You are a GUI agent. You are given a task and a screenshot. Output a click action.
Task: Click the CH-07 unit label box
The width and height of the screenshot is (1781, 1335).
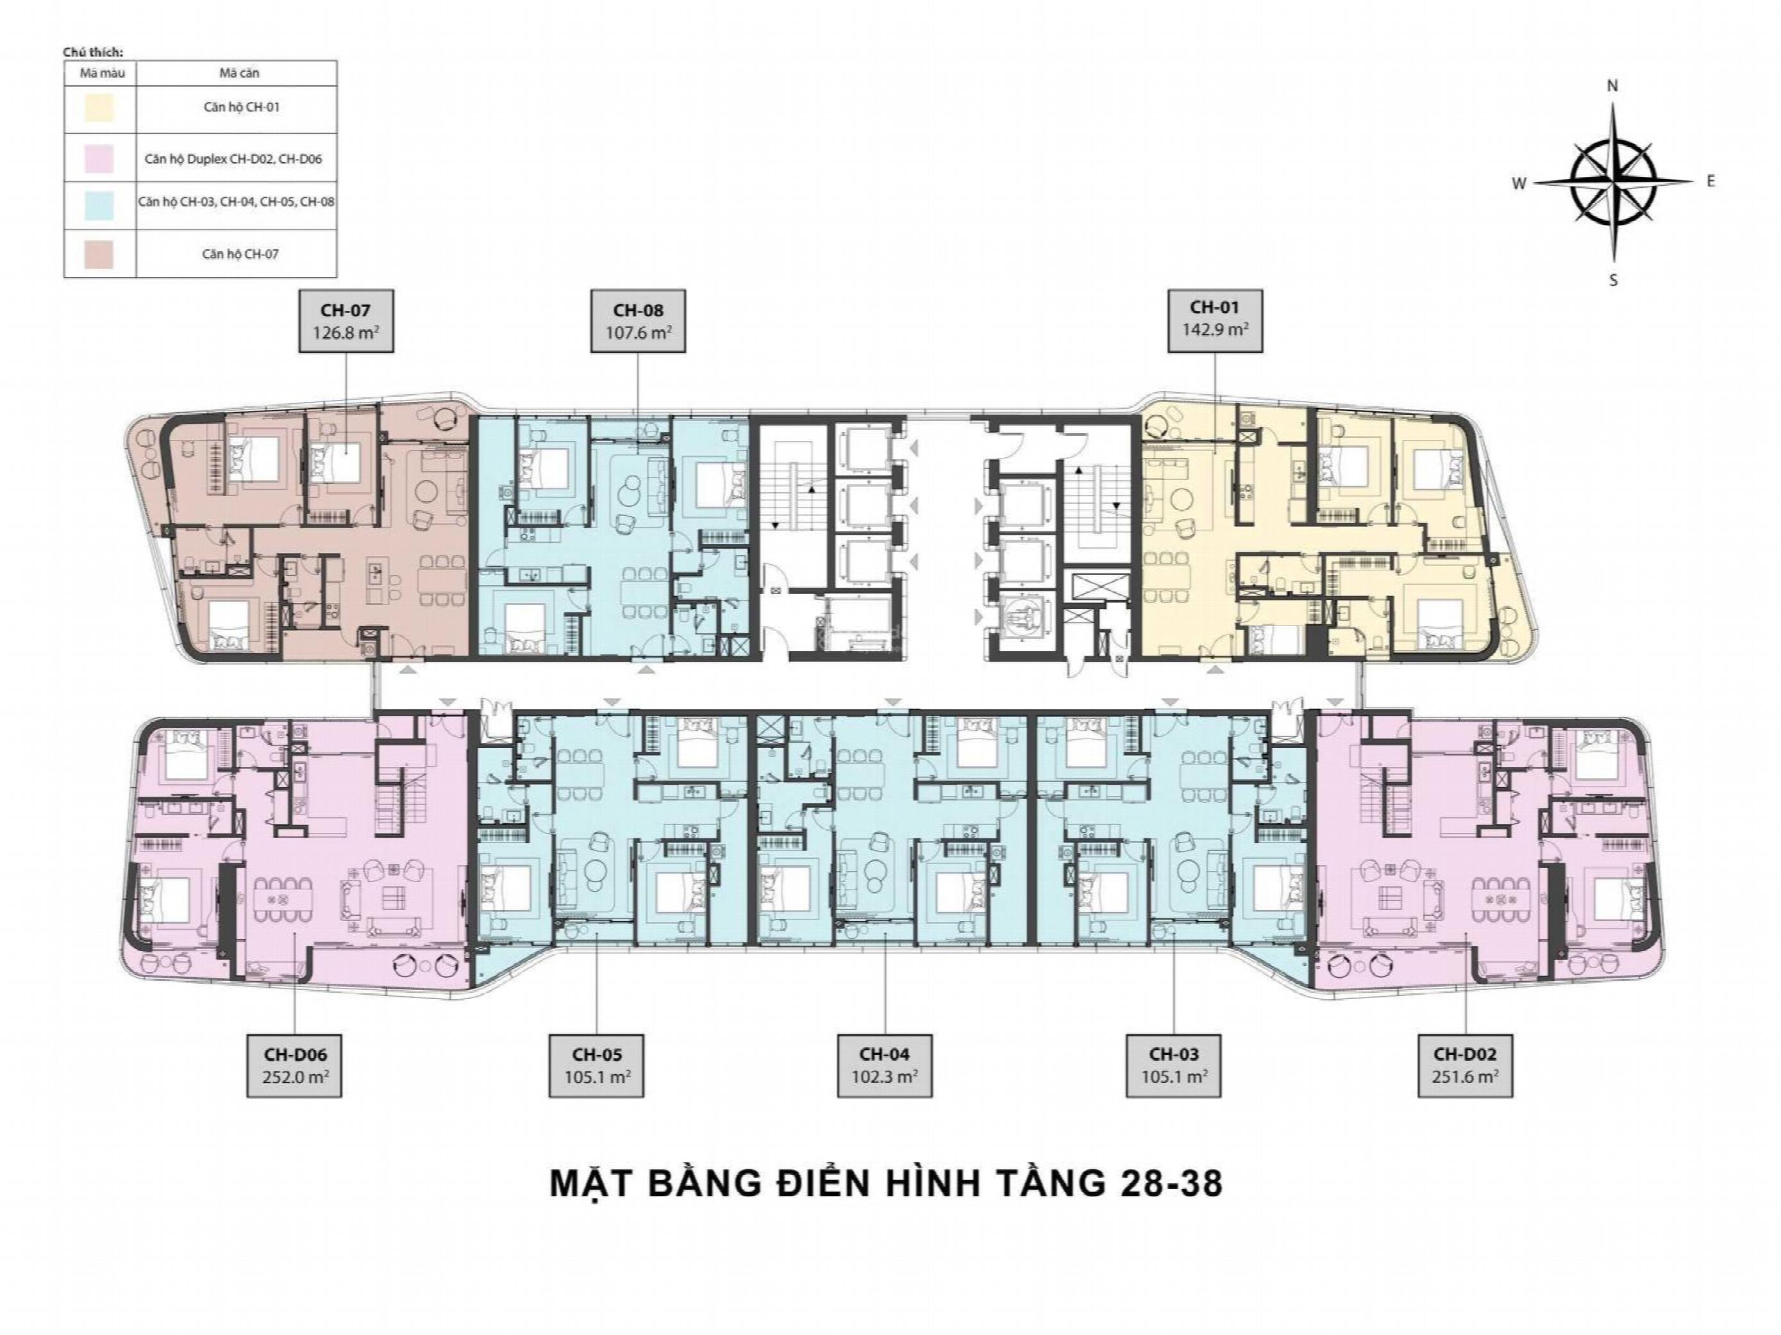346,321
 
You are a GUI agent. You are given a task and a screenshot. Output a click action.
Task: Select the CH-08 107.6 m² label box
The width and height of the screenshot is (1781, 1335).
638,321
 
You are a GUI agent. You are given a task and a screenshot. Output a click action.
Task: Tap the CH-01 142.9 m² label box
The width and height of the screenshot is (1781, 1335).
1215,321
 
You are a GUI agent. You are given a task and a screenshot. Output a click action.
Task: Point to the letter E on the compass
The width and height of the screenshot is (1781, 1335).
1710,181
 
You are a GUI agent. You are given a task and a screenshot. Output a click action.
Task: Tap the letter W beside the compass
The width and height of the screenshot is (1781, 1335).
1519,183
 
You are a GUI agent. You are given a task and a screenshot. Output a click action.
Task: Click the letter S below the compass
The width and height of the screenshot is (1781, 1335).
1613,280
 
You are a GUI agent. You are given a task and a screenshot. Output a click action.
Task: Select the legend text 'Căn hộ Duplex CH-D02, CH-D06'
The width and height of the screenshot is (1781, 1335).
233,158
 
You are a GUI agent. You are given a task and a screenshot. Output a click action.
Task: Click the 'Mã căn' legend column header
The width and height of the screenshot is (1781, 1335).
239,73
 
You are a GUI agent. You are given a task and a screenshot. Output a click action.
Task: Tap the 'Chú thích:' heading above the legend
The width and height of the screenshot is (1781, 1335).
87,53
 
